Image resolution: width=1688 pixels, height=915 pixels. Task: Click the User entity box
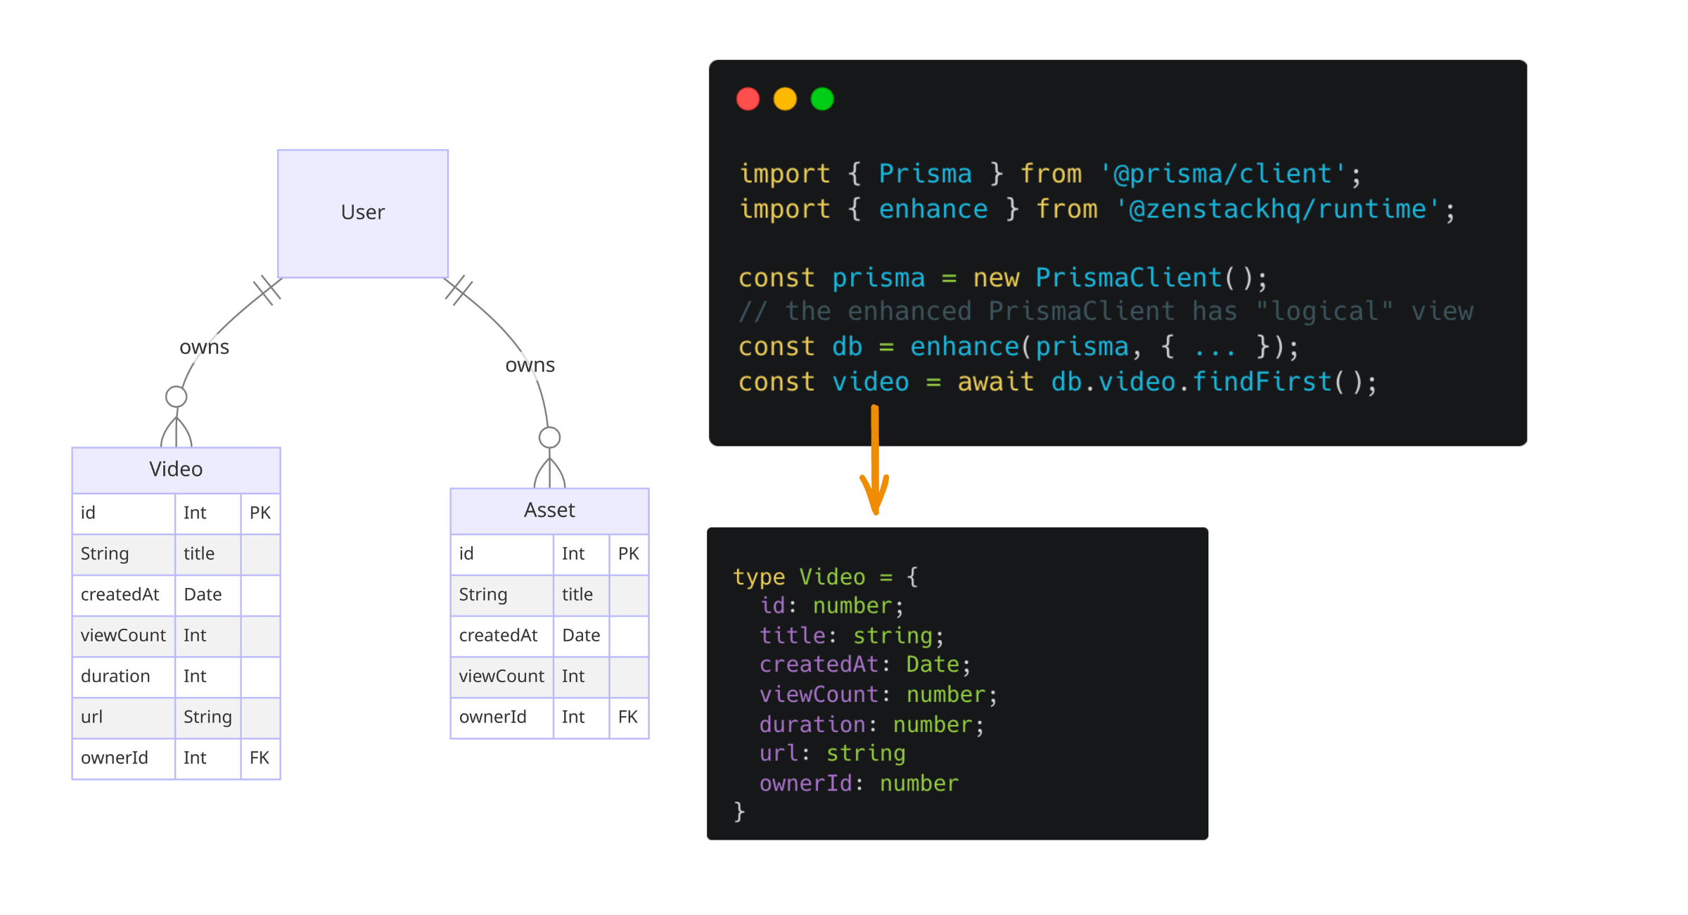(363, 213)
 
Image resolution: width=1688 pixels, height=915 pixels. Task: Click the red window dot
(748, 99)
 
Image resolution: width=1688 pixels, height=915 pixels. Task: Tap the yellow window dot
(785, 99)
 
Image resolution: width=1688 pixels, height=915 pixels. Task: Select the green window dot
(822, 99)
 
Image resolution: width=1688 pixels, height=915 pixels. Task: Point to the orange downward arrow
(875, 464)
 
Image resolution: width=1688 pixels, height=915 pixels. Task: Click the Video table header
(176, 469)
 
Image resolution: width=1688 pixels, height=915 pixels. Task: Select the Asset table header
(549, 510)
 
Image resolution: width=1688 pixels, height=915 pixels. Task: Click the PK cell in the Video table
(260, 513)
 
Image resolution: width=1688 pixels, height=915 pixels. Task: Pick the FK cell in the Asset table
(628, 717)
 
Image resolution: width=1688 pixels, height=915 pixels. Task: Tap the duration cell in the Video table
(116, 676)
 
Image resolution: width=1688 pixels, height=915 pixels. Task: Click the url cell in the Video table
(92, 717)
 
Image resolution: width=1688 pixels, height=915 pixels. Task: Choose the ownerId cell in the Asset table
(493, 717)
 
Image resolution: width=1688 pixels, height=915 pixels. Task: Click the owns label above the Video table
(204, 347)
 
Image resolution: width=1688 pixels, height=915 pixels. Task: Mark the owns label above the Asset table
(530, 366)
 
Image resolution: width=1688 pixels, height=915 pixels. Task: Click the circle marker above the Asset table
(549, 437)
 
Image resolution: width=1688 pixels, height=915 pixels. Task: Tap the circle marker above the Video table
(176, 397)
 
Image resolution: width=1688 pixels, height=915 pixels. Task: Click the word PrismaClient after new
(1128, 278)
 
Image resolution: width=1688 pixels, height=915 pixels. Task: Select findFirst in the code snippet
(1262, 382)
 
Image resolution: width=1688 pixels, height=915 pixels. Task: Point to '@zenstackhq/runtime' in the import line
(1278, 210)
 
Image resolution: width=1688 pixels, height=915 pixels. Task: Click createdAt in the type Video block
(819, 665)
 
